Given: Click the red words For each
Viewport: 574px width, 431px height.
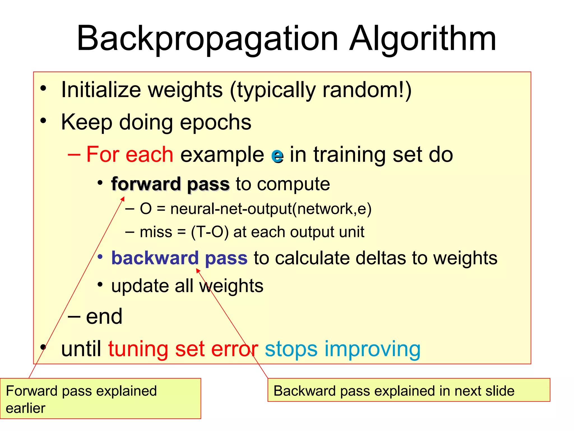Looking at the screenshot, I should coord(130,155).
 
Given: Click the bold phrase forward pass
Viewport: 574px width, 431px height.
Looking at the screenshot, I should coord(170,184).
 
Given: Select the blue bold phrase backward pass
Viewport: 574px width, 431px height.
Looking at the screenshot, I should coord(179,258).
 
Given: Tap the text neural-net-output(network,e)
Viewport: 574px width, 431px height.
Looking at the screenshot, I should coord(271,209).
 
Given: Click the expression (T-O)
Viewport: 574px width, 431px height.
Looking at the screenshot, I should coord(210,232).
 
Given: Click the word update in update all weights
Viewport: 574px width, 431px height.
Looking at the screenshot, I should coord(140,286).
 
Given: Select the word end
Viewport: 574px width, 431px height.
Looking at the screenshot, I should coord(104,317).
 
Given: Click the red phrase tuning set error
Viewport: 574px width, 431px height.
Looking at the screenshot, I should coord(183,349).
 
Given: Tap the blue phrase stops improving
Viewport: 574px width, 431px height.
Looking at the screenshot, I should coord(342,349).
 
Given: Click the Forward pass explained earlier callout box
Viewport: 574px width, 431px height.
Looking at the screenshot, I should coord(100,398).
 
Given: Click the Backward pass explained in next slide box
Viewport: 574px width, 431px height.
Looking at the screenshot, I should coord(409,390).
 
